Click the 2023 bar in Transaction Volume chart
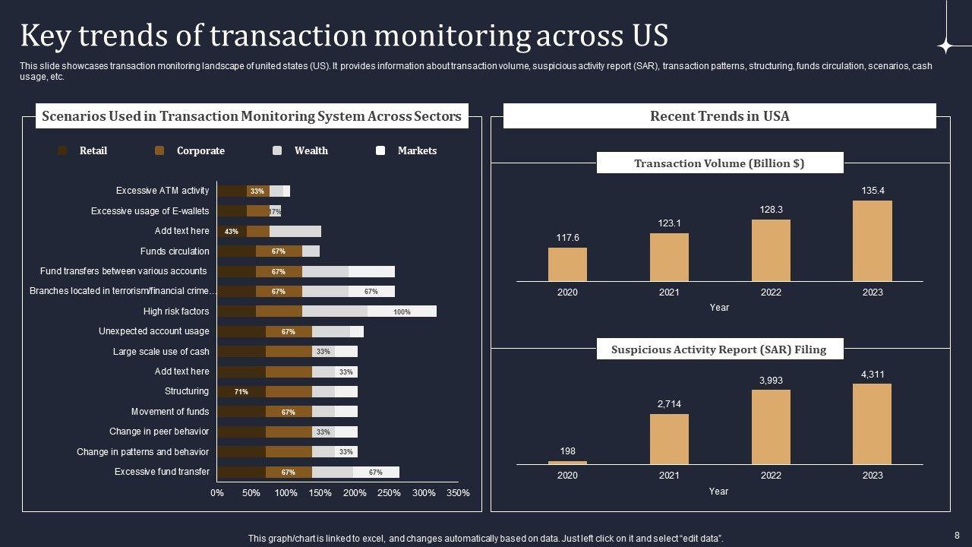[873, 241]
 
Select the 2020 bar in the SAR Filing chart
[567, 462]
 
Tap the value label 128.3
[771, 209]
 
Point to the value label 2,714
[669, 404]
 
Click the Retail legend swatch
[62, 150]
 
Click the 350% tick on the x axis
[458, 493]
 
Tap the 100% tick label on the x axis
[286, 493]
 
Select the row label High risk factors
[176, 311]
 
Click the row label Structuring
[187, 391]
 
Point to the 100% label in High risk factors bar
[402, 311]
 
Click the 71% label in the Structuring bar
[241, 392]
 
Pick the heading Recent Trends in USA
[719, 116]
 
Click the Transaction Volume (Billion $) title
[719, 163]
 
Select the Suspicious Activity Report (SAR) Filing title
[718, 349]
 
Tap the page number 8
[957, 535]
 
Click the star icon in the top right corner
[945, 46]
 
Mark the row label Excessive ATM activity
[163, 191]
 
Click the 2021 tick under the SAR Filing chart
[669, 476]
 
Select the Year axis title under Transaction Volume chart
[719, 308]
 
